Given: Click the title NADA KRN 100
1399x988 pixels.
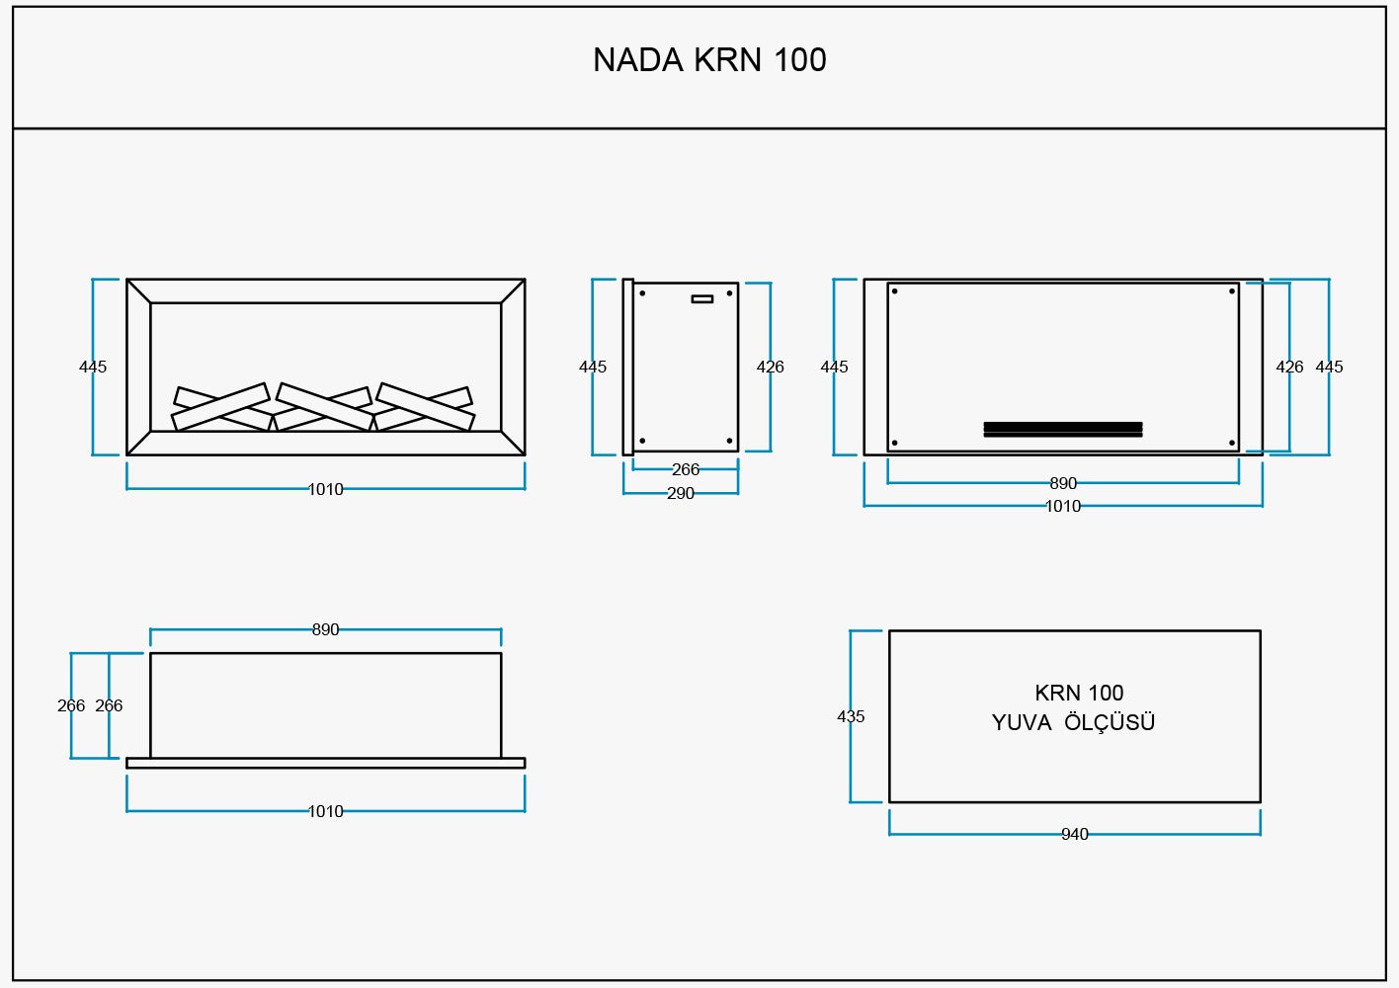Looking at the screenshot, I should pyautogui.click(x=709, y=60).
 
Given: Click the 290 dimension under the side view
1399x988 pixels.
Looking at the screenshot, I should pyautogui.click(x=680, y=493).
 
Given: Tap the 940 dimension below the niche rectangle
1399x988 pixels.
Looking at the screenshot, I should pyautogui.click(x=1074, y=834).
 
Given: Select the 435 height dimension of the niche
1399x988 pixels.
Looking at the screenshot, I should pyautogui.click(x=851, y=716).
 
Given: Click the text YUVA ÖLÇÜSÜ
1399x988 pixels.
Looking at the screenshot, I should pyautogui.click(x=1073, y=722).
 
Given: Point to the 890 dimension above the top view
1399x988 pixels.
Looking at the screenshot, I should pyautogui.click(x=325, y=629).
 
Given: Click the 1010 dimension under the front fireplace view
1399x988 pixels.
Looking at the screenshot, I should pyautogui.click(x=325, y=489).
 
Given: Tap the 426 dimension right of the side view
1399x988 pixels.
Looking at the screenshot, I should pyautogui.click(x=770, y=367).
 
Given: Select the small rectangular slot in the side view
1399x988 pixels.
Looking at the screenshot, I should pyautogui.click(x=702, y=298).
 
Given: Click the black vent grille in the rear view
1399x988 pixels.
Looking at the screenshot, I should pyautogui.click(x=1062, y=429).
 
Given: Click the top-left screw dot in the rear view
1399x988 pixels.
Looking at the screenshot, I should pyautogui.click(x=895, y=291).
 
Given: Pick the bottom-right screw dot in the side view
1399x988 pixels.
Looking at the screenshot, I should pyautogui.click(x=729, y=441).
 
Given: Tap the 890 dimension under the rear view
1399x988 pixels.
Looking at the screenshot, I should pyautogui.click(x=1063, y=483).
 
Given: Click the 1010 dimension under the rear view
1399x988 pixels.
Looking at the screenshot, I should pyautogui.click(x=1063, y=506).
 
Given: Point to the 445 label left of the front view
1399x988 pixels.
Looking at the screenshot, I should pyautogui.click(x=93, y=367).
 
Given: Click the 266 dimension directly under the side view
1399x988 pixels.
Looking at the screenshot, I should pyautogui.click(x=685, y=469).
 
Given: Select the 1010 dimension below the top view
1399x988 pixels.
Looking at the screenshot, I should pyautogui.click(x=325, y=811).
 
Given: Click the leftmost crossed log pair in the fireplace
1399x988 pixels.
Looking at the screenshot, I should pyautogui.click(x=221, y=407).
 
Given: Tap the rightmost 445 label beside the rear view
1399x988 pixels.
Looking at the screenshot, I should pyautogui.click(x=1329, y=367).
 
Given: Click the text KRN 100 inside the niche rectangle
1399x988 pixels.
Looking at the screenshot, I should pyautogui.click(x=1079, y=693).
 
